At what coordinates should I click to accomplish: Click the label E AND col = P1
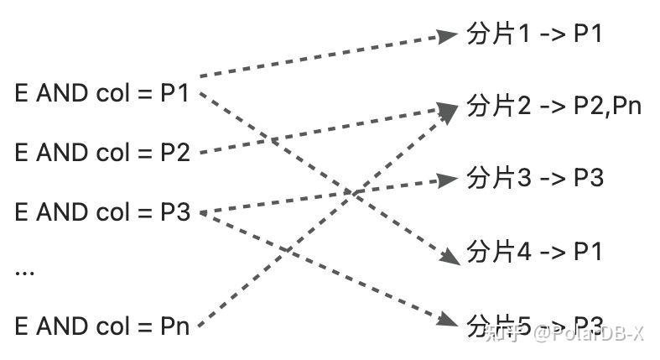[x=102, y=93]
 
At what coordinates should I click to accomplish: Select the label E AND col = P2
[x=102, y=153]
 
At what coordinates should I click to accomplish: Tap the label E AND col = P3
[x=102, y=211]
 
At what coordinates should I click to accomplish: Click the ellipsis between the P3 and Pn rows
[x=24, y=272]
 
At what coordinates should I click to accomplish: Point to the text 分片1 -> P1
[x=534, y=34]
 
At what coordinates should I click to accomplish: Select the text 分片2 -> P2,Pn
[x=553, y=107]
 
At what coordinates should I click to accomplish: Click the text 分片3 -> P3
[x=534, y=178]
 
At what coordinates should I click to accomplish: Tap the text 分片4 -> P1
[x=534, y=251]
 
